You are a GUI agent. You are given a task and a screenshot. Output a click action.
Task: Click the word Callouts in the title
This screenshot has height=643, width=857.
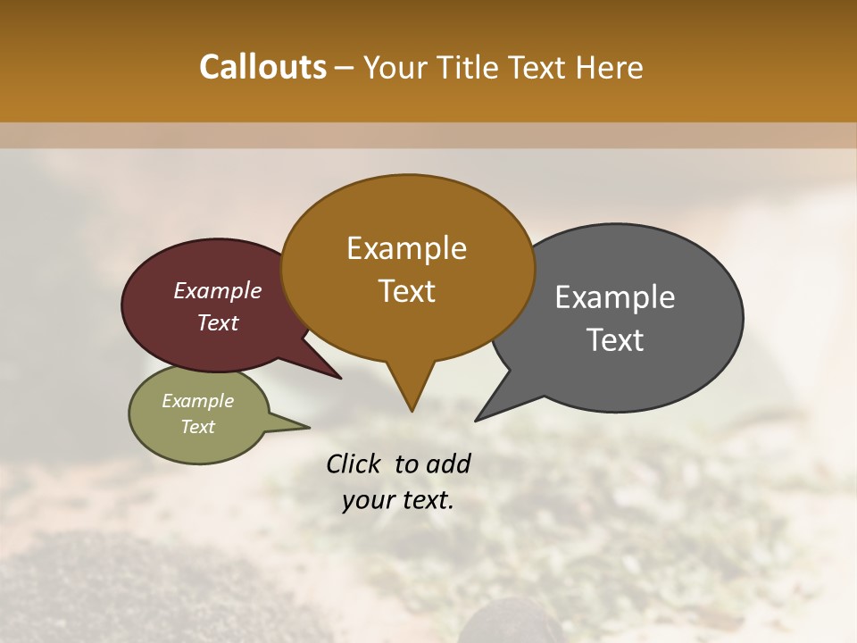[x=262, y=67]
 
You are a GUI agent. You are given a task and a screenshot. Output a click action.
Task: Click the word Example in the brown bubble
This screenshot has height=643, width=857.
[x=406, y=248]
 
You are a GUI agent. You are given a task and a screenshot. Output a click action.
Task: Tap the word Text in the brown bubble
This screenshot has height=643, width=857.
[x=406, y=291]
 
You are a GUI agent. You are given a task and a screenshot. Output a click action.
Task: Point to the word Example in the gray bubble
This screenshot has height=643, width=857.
[x=615, y=297]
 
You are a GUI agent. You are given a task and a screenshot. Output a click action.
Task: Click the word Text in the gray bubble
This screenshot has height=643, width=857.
[x=615, y=340]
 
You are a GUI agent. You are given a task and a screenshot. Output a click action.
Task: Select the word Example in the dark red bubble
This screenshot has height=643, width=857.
[x=217, y=290]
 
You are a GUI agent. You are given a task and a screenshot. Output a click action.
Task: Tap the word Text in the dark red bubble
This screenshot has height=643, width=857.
[x=217, y=322]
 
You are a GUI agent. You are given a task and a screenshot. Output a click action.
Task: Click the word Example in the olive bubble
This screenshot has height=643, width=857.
[x=197, y=401]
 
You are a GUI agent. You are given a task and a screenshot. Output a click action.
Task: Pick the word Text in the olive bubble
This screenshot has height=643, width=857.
[x=197, y=427]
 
